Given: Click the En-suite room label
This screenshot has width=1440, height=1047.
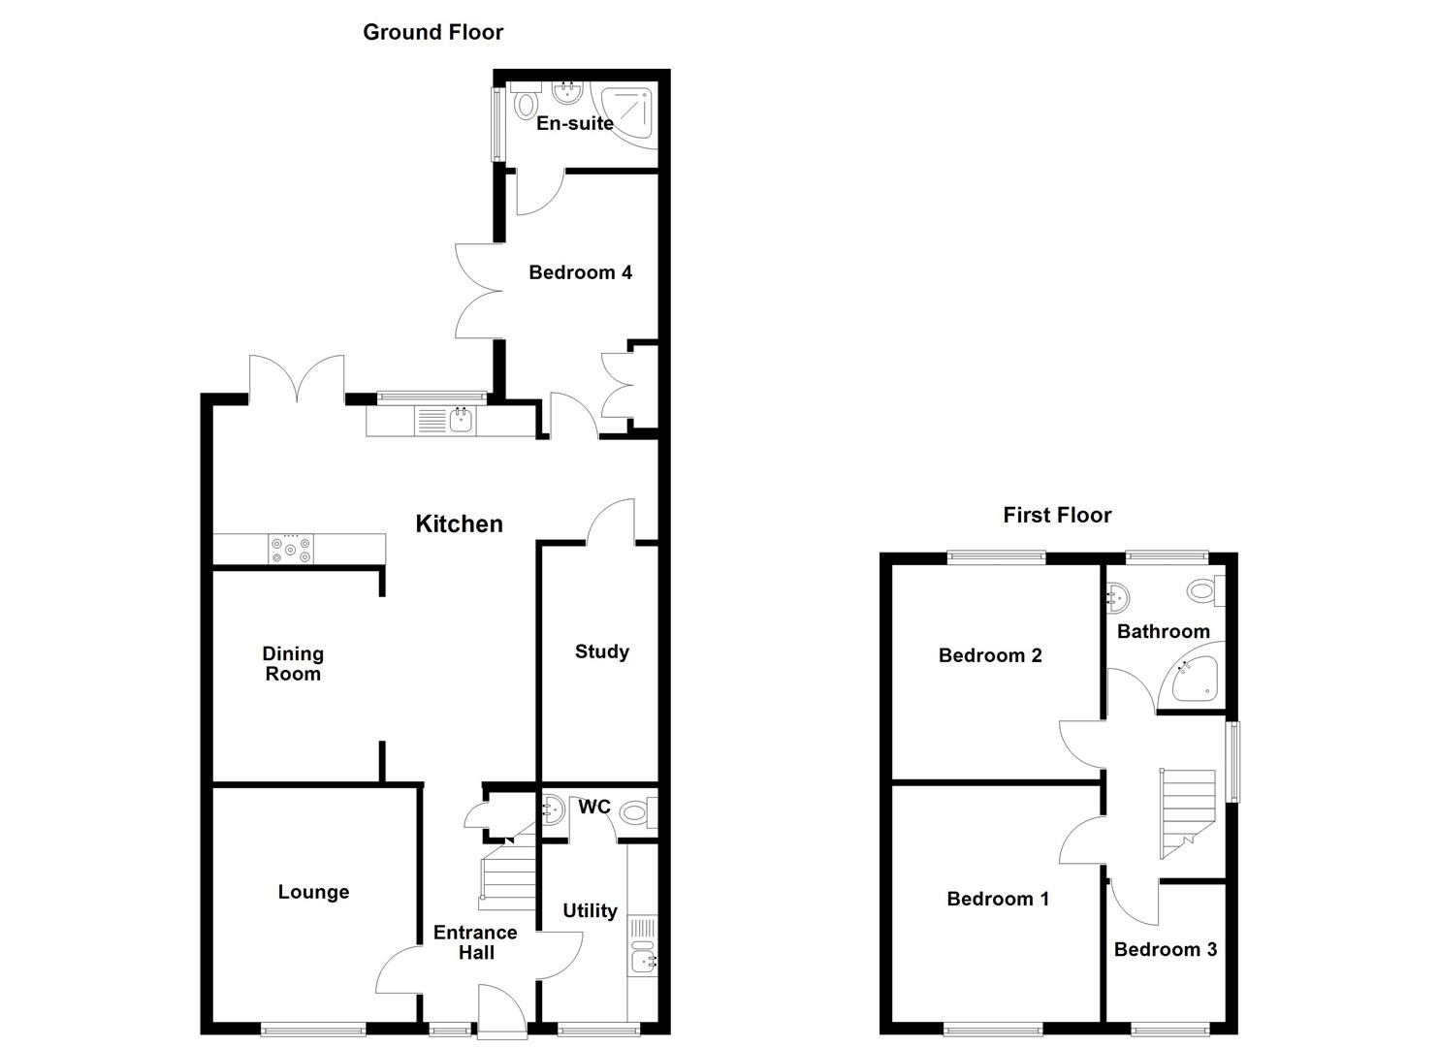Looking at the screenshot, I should pos(575,123).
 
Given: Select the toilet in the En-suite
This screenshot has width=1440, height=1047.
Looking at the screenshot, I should pos(527,104).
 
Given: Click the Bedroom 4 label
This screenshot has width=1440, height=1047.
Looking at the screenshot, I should pos(580,272).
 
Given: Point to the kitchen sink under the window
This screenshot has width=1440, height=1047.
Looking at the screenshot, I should pos(460,421).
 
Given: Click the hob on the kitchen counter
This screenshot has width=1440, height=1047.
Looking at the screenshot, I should pos(291,549).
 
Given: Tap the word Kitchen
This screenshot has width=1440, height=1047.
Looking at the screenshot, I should pos(459,523).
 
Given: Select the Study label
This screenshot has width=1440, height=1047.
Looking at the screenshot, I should pos(601,651).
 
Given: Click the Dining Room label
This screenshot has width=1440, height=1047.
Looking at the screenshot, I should pos(293,664).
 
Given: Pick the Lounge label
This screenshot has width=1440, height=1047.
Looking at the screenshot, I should pos(313,892).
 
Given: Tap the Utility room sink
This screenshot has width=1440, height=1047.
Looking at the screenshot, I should pos(642,961).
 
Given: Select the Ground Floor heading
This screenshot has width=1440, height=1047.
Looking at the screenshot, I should pos(432,32).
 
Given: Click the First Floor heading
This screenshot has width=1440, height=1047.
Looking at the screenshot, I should pos(1057,515).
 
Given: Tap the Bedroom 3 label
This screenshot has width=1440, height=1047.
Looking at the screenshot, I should pos(1165,949).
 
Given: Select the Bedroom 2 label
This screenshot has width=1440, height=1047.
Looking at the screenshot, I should pos(990,655).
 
